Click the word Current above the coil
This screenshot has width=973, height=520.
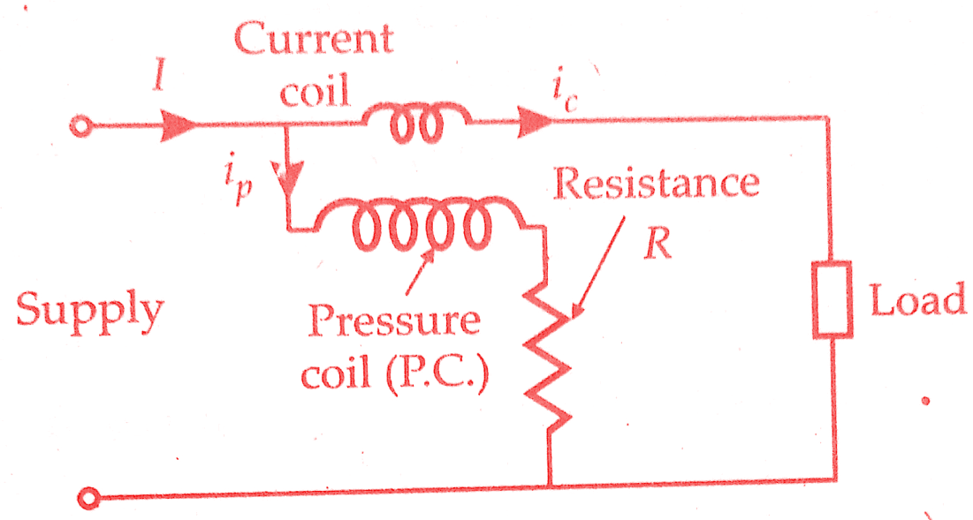coord(314,39)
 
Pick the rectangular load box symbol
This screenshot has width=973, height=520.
coord(832,299)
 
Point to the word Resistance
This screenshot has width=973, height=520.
coord(656,183)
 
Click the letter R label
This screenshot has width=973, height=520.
coord(658,245)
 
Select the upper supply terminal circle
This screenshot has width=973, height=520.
coord(80,128)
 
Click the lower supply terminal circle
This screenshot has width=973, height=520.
coord(88,498)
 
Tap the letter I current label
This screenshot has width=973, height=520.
coord(160,76)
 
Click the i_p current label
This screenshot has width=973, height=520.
coord(239,183)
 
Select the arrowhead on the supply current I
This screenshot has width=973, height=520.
coord(179,126)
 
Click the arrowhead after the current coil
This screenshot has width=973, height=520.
coord(535,122)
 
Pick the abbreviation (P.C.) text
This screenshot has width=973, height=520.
coord(437,374)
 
